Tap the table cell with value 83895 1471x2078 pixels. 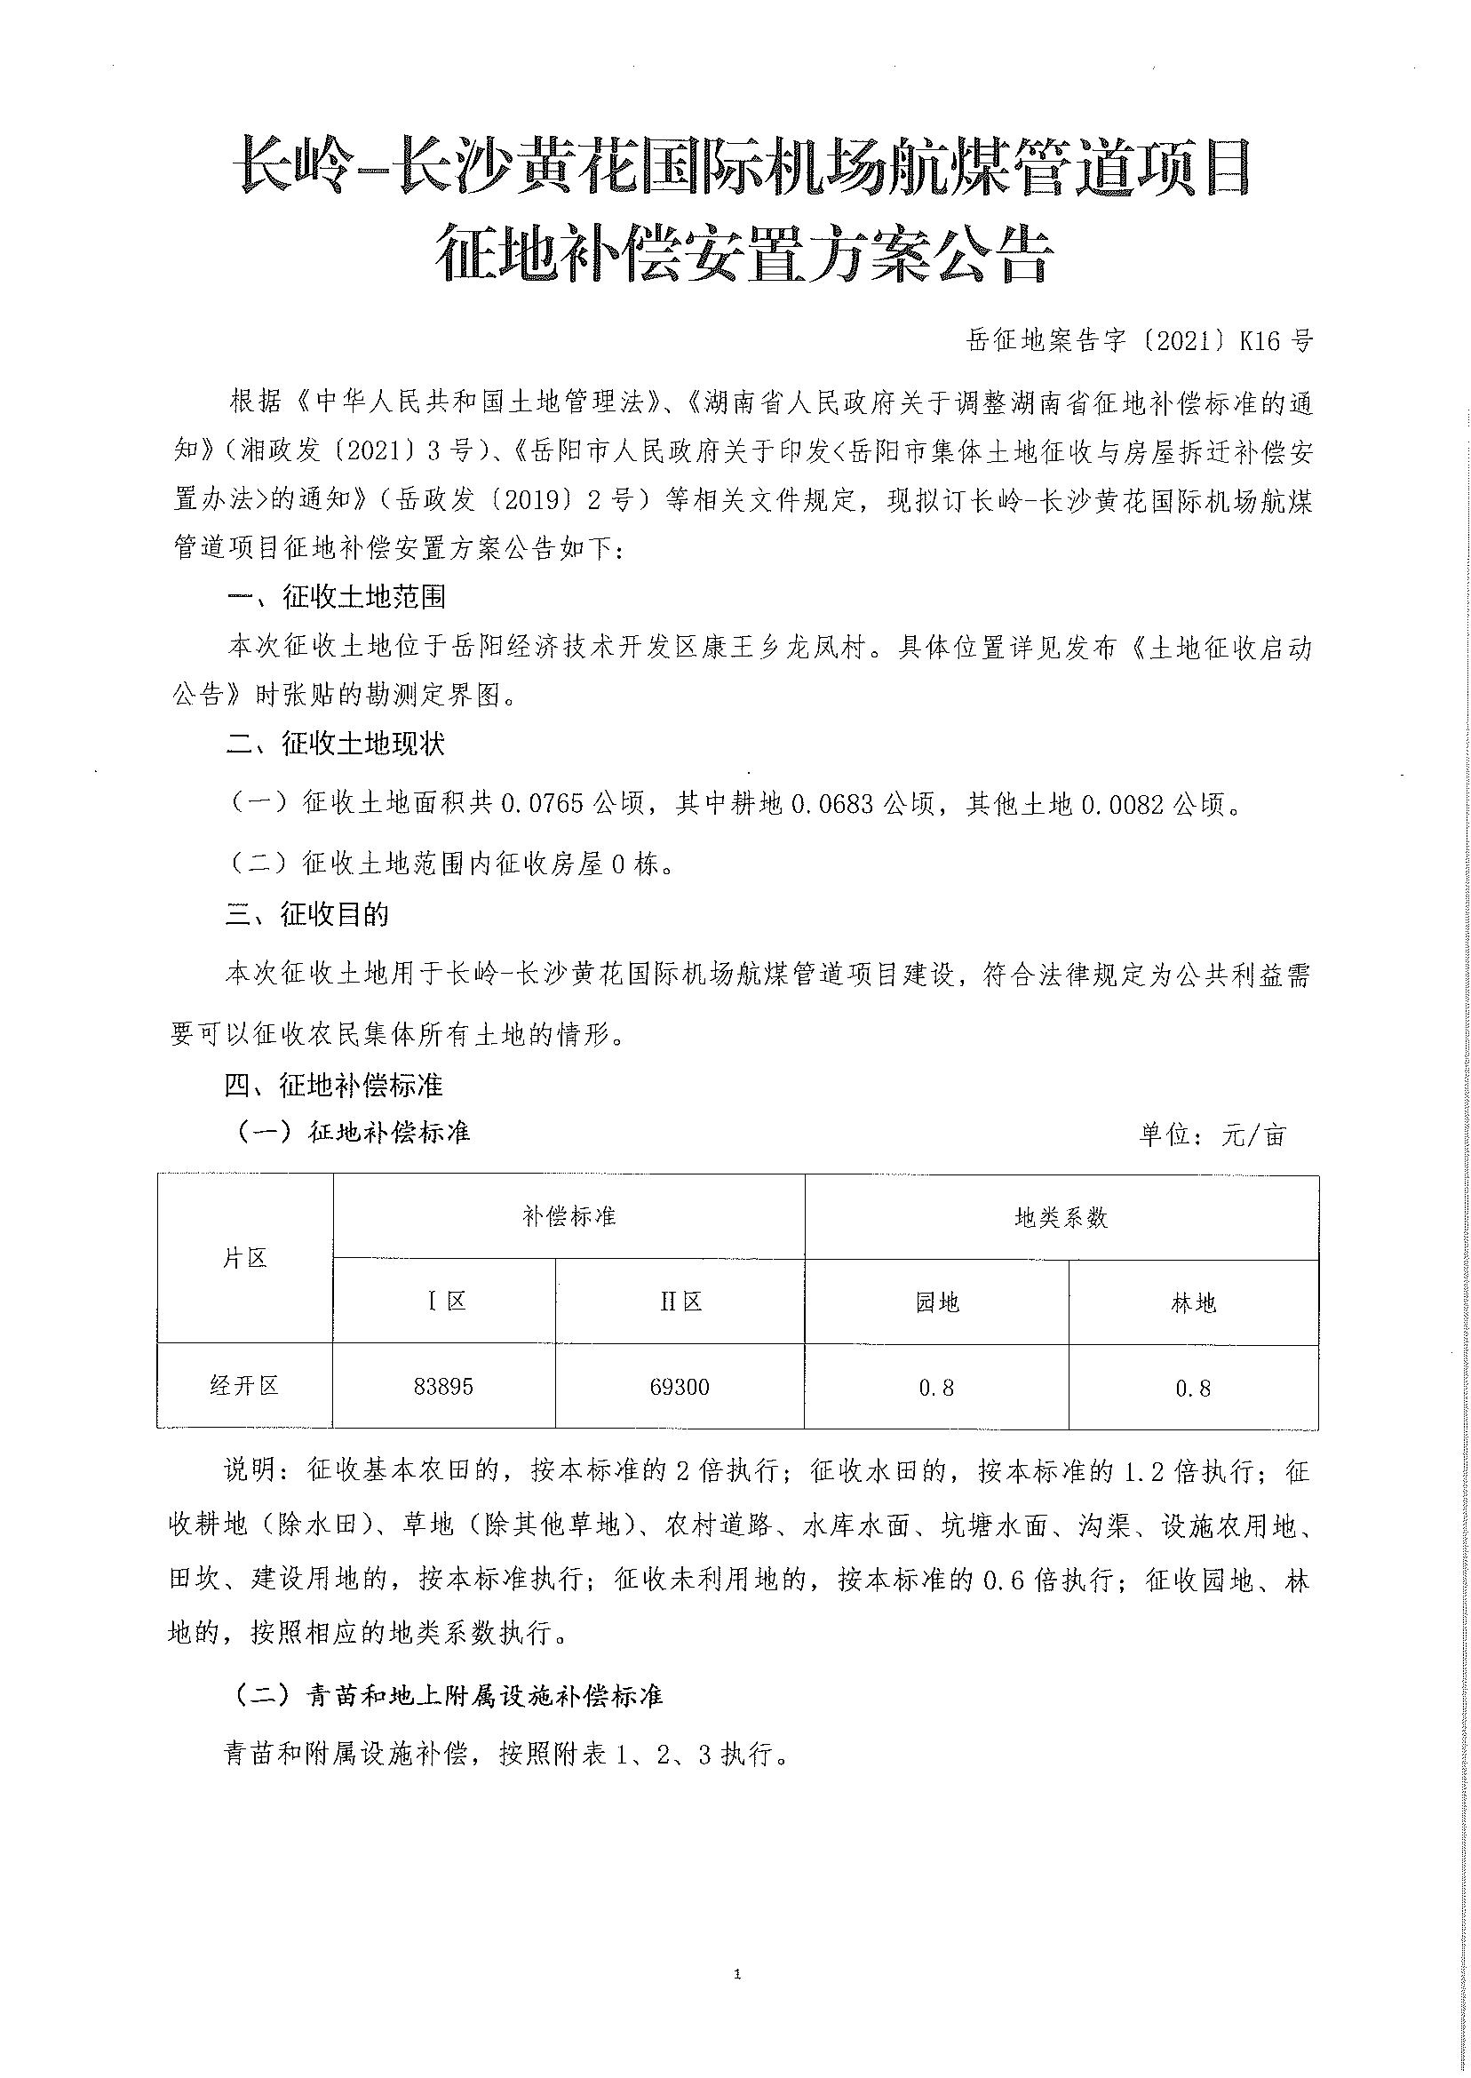(x=443, y=1386)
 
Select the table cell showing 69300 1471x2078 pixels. (x=680, y=1386)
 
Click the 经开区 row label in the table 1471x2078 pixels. (x=243, y=1385)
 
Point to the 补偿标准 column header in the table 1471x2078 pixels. (x=569, y=1216)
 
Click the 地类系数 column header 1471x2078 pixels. (x=1061, y=1217)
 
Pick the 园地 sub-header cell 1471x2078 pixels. (x=936, y=1302)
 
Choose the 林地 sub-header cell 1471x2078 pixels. (x=1193, y=1302)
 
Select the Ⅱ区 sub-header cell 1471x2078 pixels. (x=680, y=1302)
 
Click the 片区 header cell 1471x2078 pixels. (x=244, y=1258)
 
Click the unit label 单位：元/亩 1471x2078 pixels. (x=1212, y=1135)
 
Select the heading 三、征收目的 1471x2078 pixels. (x=307, y=915)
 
